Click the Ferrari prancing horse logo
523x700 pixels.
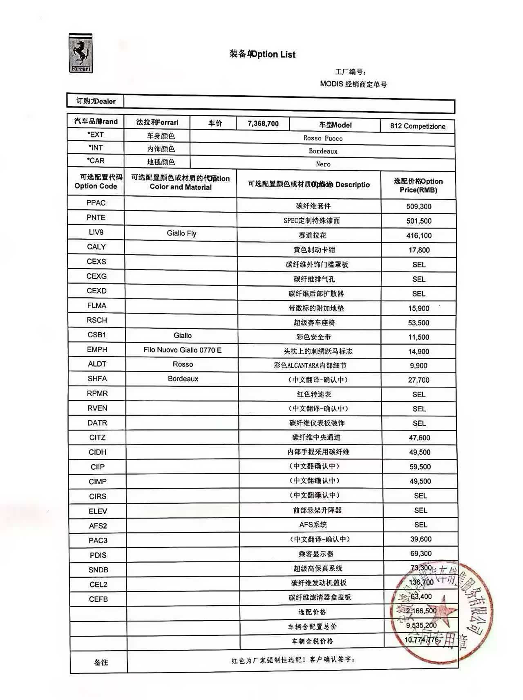point(80,53)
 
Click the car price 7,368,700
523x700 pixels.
point(263,123)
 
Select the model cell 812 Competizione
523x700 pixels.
point(418,126)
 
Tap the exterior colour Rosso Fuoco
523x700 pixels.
point(323,138)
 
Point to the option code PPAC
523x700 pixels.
point(96,203)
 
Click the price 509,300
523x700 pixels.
point(419,206)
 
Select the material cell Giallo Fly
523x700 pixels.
point(181,233)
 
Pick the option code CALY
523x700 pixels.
point(96,247)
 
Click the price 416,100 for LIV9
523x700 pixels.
point(419,236)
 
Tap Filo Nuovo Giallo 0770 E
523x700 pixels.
point(182,350)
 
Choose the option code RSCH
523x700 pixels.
point(97,320)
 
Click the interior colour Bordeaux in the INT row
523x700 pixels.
point(323,151)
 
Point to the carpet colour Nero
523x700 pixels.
point(323,164)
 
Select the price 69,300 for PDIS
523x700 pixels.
point(421,554)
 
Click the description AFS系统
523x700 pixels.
point(313,525)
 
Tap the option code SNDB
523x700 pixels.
point(98,570)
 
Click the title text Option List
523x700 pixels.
point(273,54)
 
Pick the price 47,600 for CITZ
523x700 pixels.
point(420,438)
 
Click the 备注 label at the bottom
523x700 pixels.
point(101,662)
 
